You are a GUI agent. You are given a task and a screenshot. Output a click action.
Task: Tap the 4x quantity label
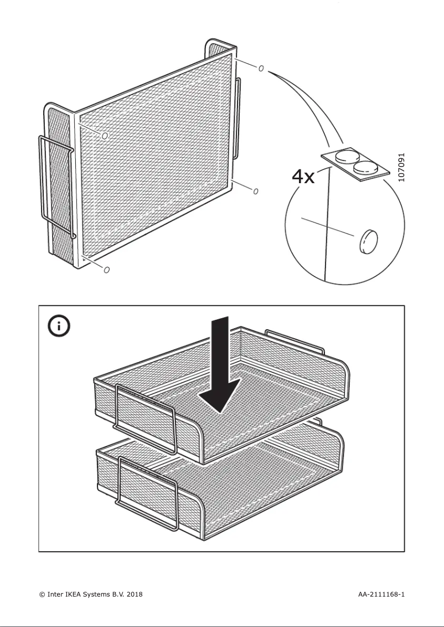303,177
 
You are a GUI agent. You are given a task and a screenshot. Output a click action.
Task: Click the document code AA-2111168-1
381,594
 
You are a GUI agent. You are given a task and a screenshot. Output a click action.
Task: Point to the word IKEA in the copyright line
75,594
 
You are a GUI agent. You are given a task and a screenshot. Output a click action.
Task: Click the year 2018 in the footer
135,594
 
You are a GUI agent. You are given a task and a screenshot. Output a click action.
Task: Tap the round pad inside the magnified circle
368,241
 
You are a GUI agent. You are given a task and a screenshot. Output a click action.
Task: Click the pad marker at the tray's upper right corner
261,69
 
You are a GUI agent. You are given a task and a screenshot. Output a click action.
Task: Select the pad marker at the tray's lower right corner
256,191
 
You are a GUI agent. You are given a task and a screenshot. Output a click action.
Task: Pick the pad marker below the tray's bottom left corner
106,270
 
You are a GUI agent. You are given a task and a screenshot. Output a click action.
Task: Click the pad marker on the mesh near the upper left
105,135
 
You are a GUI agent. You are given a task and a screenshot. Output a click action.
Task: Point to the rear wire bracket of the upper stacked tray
295,340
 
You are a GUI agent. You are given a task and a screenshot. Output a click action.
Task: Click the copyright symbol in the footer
42,594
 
